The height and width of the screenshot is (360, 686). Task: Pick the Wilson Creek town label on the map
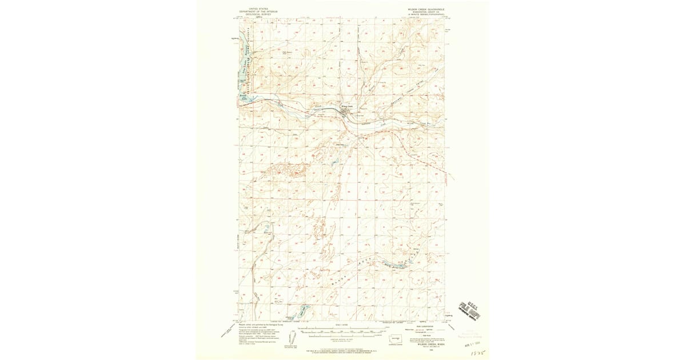[x=347, y=106]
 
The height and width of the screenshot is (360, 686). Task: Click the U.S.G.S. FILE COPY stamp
[x=470, y=312]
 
